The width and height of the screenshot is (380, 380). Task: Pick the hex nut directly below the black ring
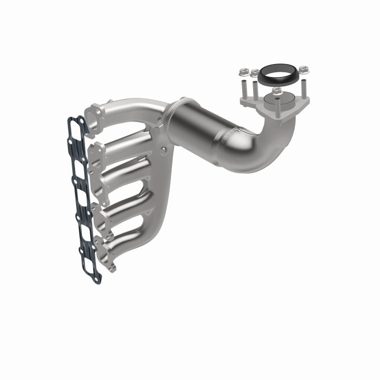pyautogui.click(x=277, y=90)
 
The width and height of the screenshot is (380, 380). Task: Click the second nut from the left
pyautogui.click(x=255, y=73)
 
